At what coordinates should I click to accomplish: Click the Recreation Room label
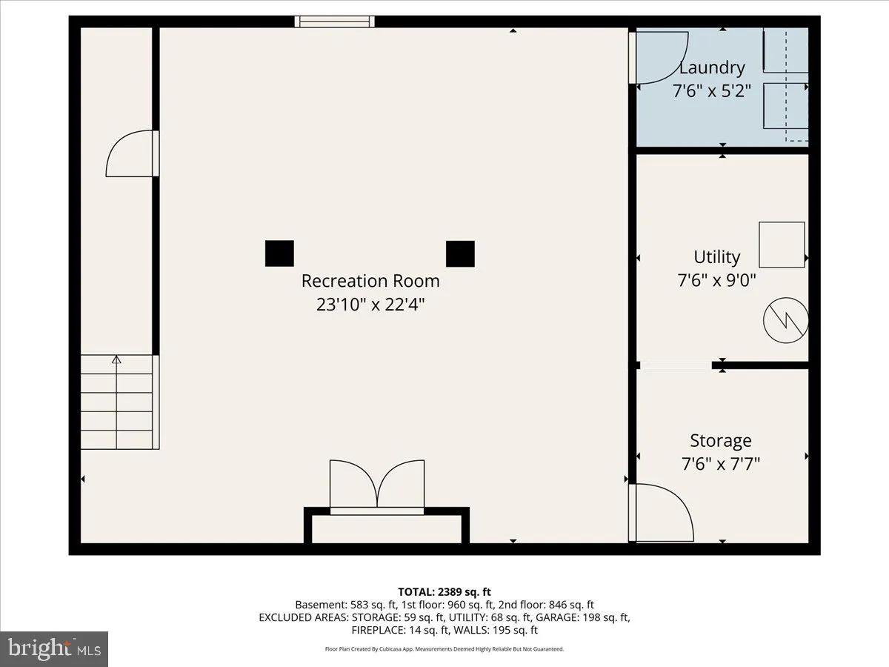point(370,281)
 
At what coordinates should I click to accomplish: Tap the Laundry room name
point(712,67)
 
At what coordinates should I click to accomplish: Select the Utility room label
point(717,257)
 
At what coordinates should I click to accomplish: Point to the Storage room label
point(721,441)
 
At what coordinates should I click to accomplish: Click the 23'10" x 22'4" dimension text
point(370,304)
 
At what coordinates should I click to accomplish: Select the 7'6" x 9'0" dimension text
point(717,280)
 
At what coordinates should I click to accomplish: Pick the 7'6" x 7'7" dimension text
point(721,464)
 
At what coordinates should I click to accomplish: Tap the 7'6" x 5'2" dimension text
point(712,90)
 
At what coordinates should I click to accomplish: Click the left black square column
point(279,253)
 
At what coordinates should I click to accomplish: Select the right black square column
point(460,254)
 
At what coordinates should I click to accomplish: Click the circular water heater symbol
point(786,320)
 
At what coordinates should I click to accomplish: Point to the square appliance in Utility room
point(782,245)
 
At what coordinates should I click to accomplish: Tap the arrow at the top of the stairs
point(116,359)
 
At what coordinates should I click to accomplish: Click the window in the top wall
point(334,21)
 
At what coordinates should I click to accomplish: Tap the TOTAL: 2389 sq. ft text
point(444,592)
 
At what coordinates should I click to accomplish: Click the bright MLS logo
point(54,648)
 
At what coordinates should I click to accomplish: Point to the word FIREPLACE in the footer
point(378,630)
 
